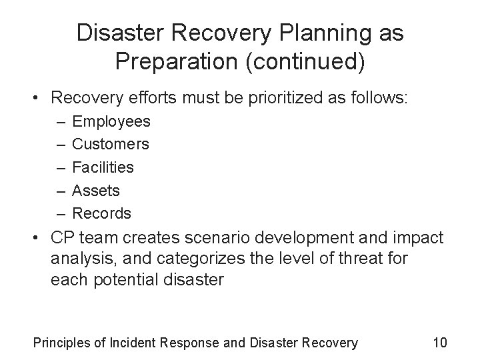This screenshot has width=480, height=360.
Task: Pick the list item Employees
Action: pyautogui.click(x=111, y=122)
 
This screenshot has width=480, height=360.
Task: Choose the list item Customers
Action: pyautogui.click(x=111, y=144)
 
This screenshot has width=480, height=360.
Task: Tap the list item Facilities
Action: pyautogui.click(x=103, y=167)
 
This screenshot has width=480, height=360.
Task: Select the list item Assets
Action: pyautogui.click(x=96, y=191)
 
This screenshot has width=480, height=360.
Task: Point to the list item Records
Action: pyautogui.click(x=102, y=213)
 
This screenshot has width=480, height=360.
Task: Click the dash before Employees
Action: pyautogui.click(x=61, y=122)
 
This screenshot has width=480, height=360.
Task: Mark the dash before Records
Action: pyautogui.click(x=61, y=213)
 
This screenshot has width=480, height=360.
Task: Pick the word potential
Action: pyautogui.click(x=118, y=278)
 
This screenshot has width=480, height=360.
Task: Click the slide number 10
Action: pyautogui.click(x=440, y=343)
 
